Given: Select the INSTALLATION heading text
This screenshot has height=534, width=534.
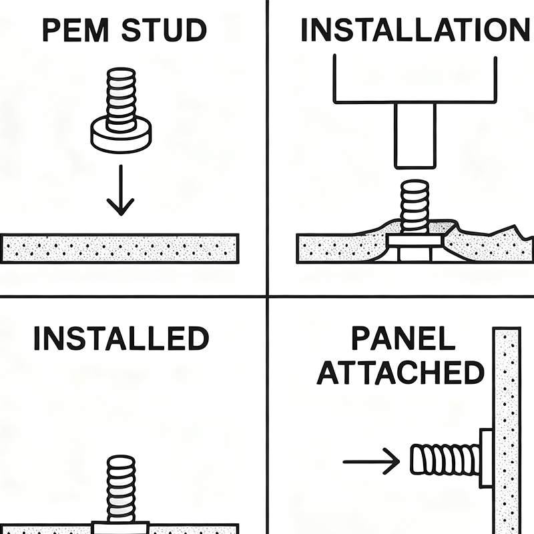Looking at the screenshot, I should click(415, 30).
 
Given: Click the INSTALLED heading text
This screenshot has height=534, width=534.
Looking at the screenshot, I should click(121, 338).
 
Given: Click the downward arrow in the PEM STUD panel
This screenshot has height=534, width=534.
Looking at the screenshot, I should click(120, 190).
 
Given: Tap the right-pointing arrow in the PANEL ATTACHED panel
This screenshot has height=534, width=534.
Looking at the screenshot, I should click(370, 461).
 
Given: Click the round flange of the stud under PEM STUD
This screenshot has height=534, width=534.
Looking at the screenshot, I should click(121, 136).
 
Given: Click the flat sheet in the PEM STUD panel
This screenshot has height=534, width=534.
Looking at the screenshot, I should click(120, 248).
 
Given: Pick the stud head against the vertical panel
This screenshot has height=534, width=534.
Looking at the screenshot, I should click(485, 460).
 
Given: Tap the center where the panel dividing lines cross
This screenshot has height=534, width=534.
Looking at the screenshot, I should click(267, 296).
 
